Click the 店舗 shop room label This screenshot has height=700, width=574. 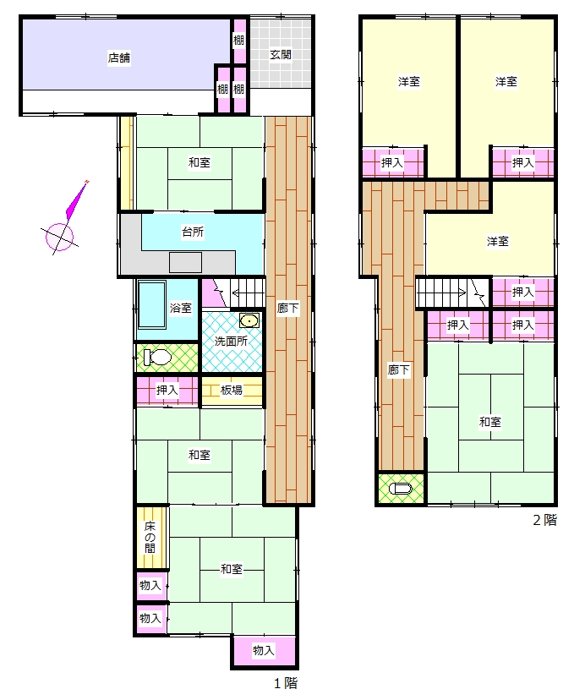pos(119,58)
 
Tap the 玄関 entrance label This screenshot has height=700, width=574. pos(281,55)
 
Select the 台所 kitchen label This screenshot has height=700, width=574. pos(193,232)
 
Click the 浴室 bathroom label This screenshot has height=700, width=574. pos(181,308)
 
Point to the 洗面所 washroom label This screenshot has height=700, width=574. pos(232,342)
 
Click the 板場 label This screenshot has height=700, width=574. pos(232,391)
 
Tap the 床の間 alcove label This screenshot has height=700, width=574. pos(150,538)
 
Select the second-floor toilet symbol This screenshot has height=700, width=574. pos(400,489)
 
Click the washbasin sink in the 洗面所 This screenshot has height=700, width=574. pos(249,321)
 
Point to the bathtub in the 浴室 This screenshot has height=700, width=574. pos(152,305)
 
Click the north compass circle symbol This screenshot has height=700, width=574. pos(59,237)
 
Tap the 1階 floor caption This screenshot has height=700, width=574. pos(285,683)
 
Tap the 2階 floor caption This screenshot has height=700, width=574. pos(545,520)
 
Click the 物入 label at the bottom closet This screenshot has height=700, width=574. pos(264,650)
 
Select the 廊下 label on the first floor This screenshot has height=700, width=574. pos(288,308)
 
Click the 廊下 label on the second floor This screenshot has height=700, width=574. pos(398,369)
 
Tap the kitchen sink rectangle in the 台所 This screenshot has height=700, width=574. pos(186,262)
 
